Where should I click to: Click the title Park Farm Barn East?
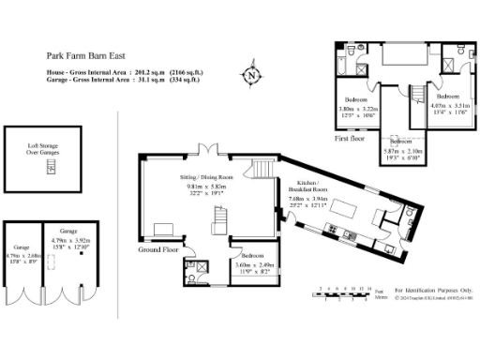point(82,55)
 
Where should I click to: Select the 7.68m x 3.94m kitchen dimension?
point(309,199)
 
